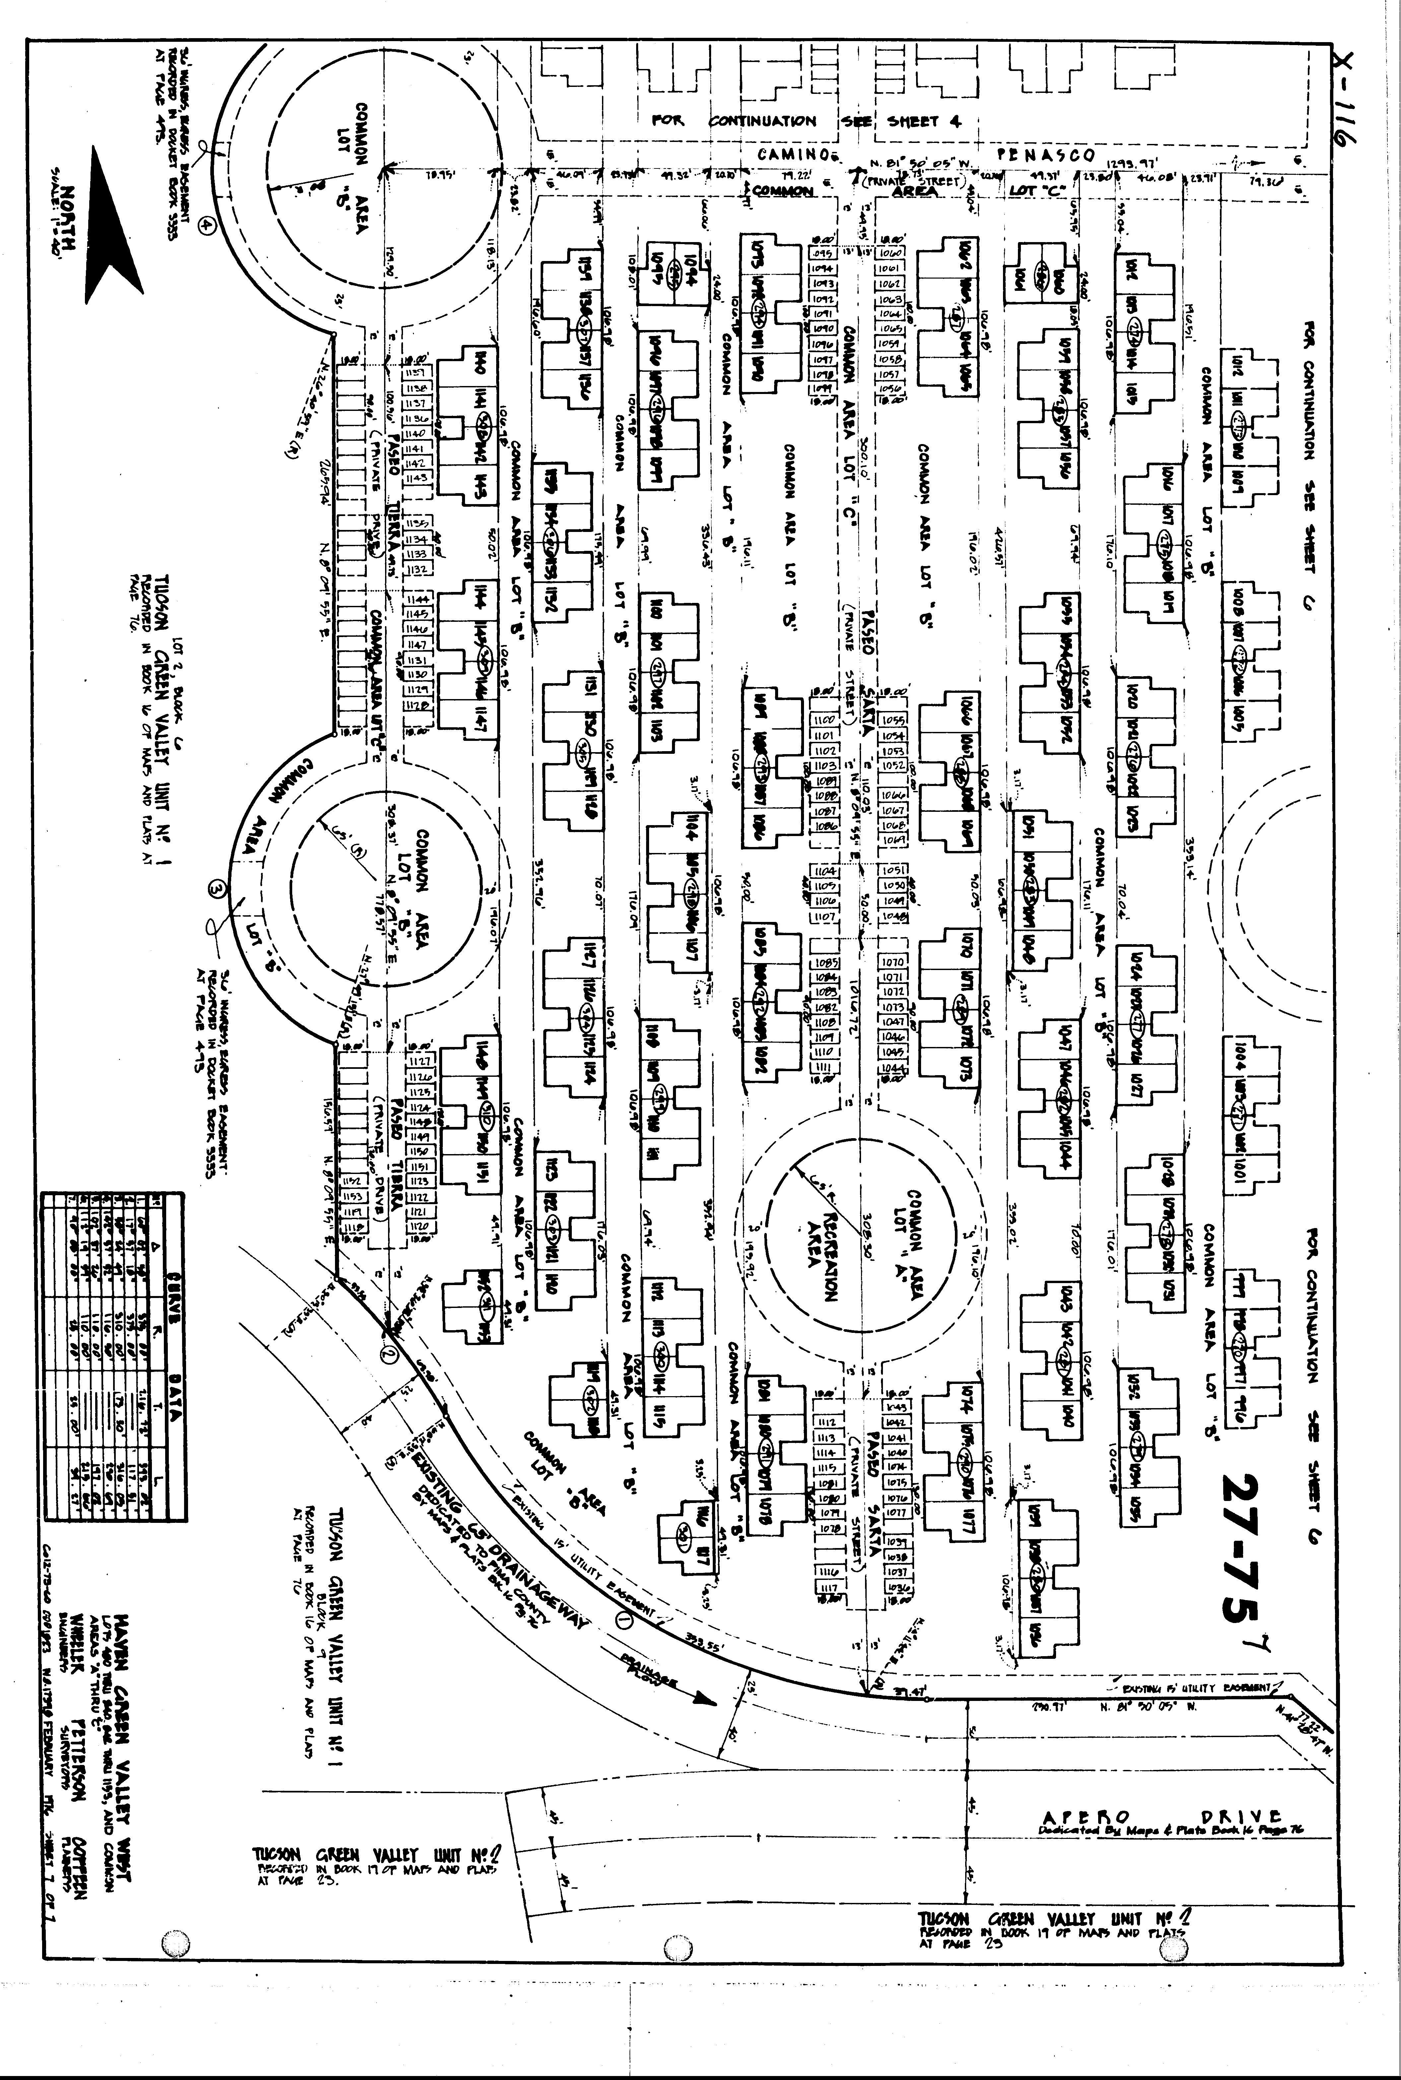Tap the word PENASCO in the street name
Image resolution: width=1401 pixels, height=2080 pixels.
1045,155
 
